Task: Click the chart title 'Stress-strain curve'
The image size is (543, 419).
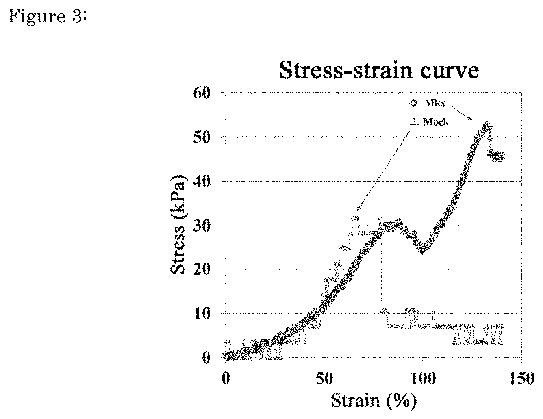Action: pos(379,70)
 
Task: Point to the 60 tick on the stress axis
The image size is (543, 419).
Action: pos(202,93)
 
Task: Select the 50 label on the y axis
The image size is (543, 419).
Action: pos(202,137)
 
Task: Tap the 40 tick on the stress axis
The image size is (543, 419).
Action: pos(202,181)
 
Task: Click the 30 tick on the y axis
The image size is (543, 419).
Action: pos(202,226)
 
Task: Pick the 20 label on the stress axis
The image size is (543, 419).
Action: pos(202,269)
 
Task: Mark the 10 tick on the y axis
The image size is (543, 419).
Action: pos(202,314)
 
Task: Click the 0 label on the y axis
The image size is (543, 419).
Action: pos(206,358)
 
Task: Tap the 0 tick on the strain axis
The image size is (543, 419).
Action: pos(226,378)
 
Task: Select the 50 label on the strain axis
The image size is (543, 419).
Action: pos(324,378)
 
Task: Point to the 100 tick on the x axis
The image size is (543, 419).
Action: pos(423,378)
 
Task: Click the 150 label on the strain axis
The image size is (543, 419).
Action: pos(521,378)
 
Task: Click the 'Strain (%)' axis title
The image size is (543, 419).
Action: pos(374,401)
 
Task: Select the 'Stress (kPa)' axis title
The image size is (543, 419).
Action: pos(178,224)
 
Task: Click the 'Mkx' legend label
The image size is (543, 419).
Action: pos(434,103)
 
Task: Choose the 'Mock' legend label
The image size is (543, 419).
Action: pos(436,122)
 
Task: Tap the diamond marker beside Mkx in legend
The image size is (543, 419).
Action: pos(414,103)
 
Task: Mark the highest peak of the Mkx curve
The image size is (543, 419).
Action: pos(486,122)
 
